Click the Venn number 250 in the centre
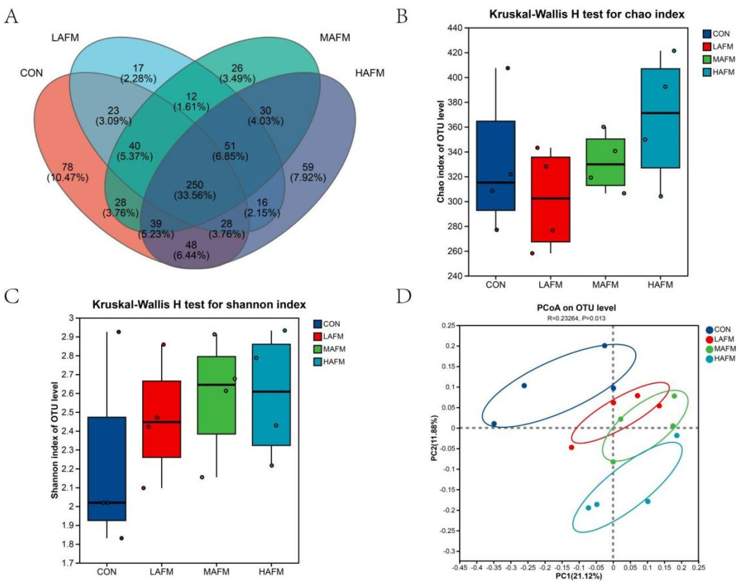tap(195, 185)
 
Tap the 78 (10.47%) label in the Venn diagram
tap(67, 172)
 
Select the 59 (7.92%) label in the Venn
tap(308, 172)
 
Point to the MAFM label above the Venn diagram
tap(335, 38)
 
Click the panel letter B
tap(402, 17)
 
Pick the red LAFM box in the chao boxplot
tap(550, 199)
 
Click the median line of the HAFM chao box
tap(660, 113)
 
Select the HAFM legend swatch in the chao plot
tap(707, 72)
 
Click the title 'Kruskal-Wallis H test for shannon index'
tap(199, 305)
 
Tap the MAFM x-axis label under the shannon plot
tap(216, 571)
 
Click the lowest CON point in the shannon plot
tap(121, 538)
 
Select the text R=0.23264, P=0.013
tap(576, 318)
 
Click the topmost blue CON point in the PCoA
tap(604, 345)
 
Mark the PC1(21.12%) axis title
tap(579, 576)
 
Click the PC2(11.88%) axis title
tap(434, 438)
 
